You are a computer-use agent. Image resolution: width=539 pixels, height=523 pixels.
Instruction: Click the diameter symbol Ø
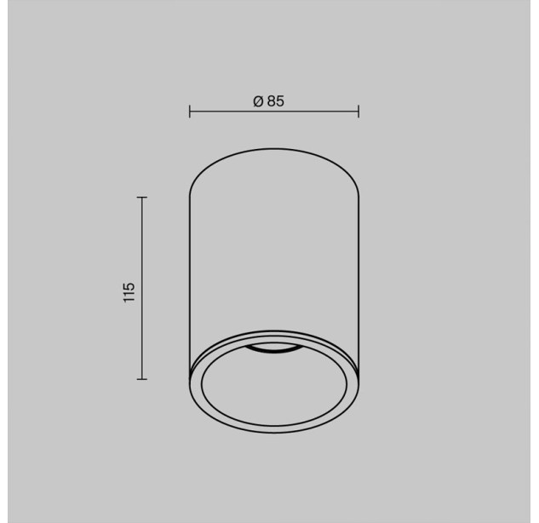pos(258,101)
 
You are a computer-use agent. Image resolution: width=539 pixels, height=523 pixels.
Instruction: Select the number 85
pos(276,101)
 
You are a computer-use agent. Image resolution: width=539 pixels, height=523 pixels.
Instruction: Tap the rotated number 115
pos(129,292)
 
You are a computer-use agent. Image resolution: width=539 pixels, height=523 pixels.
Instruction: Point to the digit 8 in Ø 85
pos(272,101)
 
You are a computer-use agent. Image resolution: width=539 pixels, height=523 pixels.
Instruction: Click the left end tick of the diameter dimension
pos(190,112)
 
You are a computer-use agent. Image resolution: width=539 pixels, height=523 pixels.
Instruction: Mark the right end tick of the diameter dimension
pos(358,112)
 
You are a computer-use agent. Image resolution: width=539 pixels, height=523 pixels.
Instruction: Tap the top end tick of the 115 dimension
pos(142,198)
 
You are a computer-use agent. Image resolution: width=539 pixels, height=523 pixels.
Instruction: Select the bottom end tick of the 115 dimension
pos(142,379)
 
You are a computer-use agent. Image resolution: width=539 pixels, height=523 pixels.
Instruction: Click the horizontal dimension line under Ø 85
pos(274,112)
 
